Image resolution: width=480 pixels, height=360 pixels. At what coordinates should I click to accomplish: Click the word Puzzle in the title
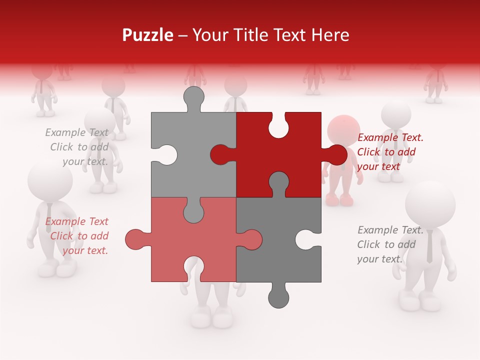[x=148, y=35]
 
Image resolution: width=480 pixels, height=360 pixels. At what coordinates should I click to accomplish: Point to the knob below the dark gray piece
[x=278, y=297]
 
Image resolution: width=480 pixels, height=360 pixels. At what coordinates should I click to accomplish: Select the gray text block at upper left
[x=77, y=147]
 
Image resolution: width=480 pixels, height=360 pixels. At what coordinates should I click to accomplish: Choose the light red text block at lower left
[x=77, y=236]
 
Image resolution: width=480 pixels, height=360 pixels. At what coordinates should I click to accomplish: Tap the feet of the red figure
[x=339, y=200]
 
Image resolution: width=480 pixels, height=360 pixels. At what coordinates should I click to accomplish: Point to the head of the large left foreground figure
[x=50, y=180]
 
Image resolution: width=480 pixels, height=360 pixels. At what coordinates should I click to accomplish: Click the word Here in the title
[x=330, y=35]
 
